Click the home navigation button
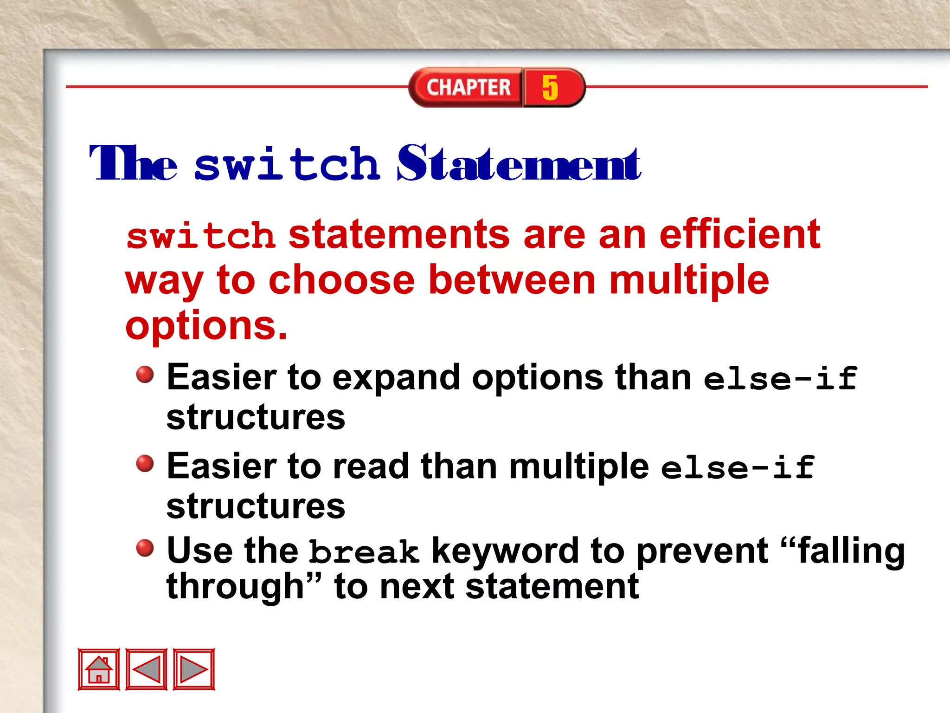(x=98, y=669)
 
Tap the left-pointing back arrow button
(x=146, y=669)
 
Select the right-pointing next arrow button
(x=194, y=669)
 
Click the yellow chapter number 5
(x=550, y=87)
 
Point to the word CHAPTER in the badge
(x=468, y=87)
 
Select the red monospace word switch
(x=201, y=236)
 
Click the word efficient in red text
(x=740, y=234)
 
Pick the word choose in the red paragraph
(x=341, y=280)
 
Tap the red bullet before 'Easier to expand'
(x=145, y=374)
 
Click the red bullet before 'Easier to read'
(x=145, y=463)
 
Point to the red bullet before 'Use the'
(x=145, y=548)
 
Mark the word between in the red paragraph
(x=512, y=280)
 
